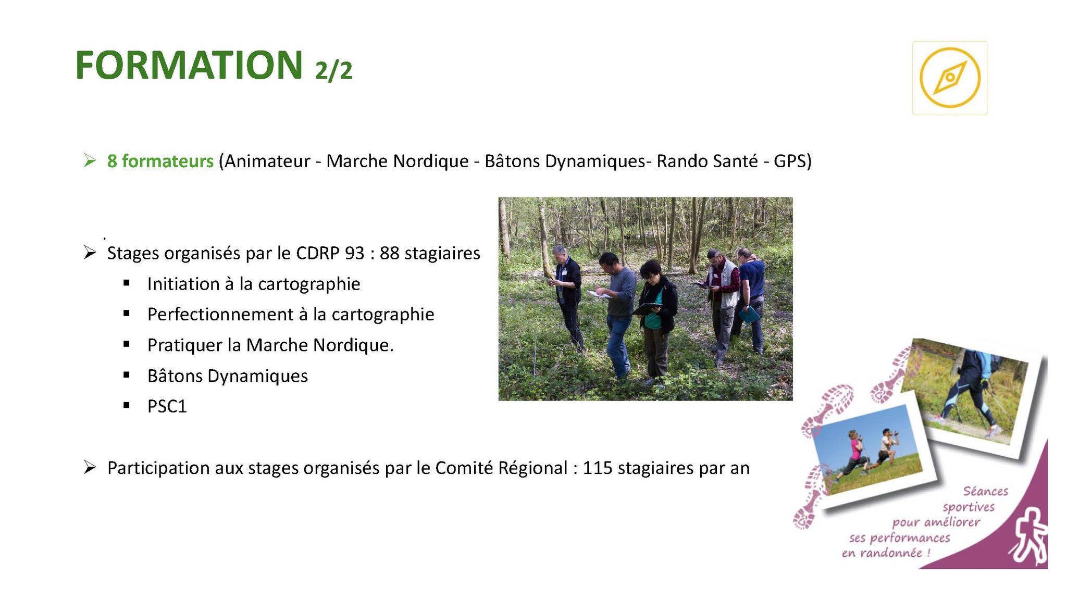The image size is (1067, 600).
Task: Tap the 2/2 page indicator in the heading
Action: coord(334,70)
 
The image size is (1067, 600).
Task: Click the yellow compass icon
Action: coord(950,78)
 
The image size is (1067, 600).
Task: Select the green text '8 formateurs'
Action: coord(160,161)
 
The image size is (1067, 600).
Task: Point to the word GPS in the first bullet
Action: coord(789,161)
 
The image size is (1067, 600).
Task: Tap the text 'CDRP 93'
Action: coord(330,253)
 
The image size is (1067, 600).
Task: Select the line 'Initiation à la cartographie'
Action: coord(254,284)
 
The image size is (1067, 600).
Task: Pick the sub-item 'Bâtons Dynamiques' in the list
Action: coord(228,376)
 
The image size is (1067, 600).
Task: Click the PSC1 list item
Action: coord(167,406)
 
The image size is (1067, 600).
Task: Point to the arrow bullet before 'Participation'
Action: coord(90,468)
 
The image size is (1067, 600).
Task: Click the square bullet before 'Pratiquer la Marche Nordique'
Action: coord(127,344)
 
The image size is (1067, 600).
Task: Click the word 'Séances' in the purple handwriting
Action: coord(985,491)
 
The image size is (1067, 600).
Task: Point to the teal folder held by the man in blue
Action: coord(749,315)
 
